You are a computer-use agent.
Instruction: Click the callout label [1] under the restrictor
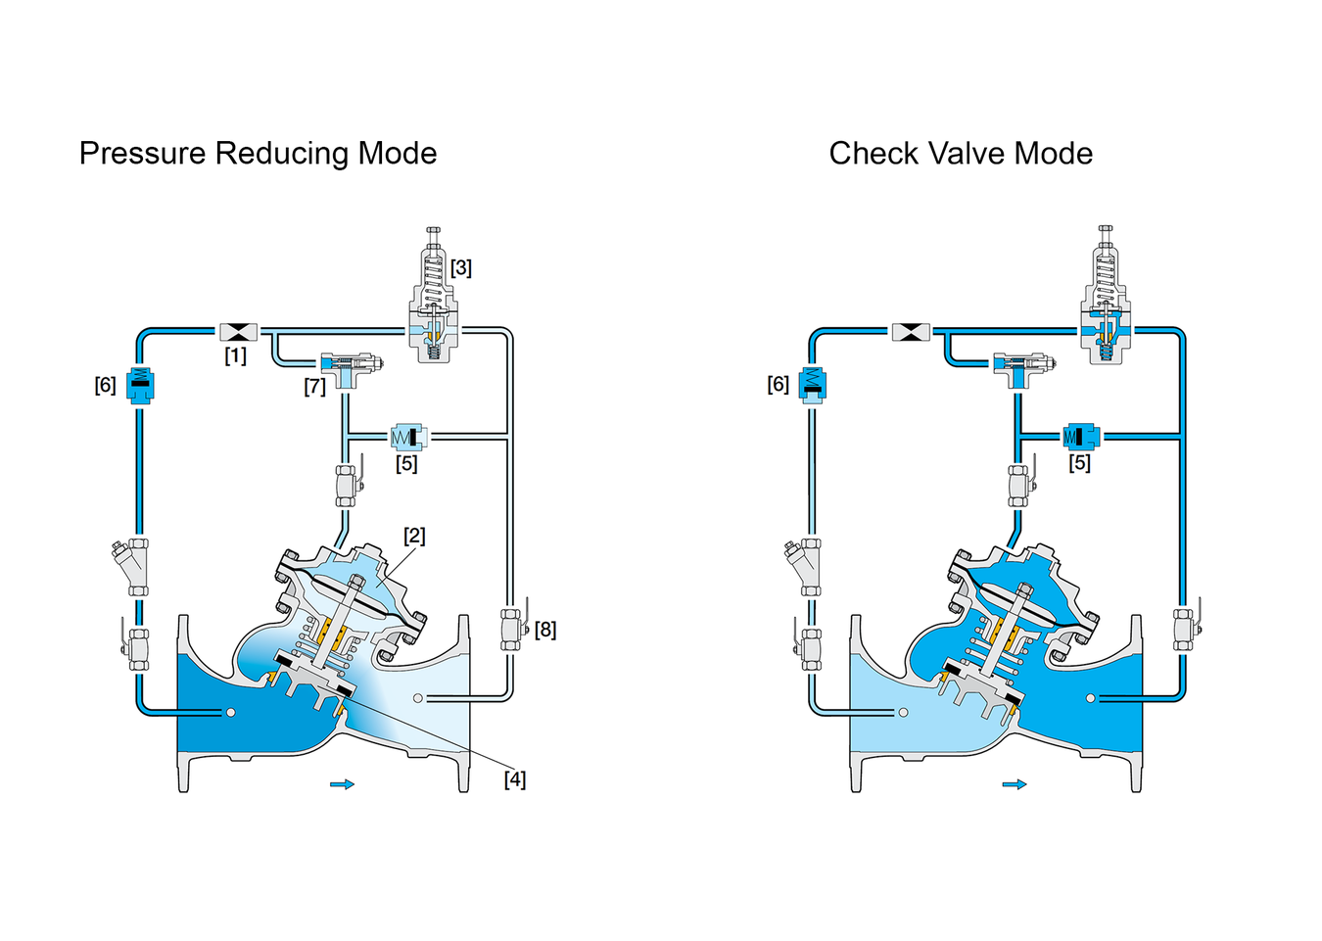(x=235, y=355)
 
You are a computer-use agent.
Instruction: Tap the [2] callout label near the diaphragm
(x=414, y=536)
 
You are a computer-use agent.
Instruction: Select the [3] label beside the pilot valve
(x=461, y=268)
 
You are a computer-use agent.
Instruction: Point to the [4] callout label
(x=515, y=780)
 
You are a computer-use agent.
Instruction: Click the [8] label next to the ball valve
(x=545, y=630)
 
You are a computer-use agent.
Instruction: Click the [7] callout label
(x=314, y=387)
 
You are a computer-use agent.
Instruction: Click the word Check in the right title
(x=874, y=154)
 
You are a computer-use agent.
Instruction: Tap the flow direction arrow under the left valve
(x=343, y=784)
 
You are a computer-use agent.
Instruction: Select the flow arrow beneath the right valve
(x=1015, y=784)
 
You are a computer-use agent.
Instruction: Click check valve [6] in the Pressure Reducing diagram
(x=140, y=385)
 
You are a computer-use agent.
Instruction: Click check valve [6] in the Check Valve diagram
(x=812, y=385)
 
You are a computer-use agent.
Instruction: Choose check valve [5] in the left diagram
(x=407, y=437)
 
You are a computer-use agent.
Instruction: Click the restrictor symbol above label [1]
(x=238, y=332)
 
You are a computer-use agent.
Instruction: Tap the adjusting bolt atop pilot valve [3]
(x=433, y=236)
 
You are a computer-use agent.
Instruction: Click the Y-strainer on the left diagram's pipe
(x=132, y=566)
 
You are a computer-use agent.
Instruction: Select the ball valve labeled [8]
(x=513, y=629)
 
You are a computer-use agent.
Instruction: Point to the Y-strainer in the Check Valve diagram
(x=804, y=566)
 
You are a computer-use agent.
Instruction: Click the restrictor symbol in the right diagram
(x=911, y=332)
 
